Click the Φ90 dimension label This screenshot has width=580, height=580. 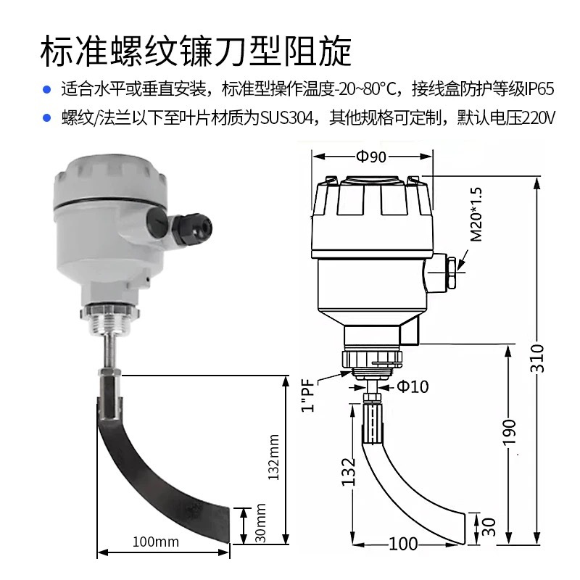coord(372,157)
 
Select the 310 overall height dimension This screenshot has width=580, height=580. coord(536,357)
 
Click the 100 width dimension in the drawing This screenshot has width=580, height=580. coord(403,544)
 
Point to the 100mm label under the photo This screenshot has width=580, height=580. coord(155,542)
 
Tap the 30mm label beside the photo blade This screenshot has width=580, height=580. coord(262,525)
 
